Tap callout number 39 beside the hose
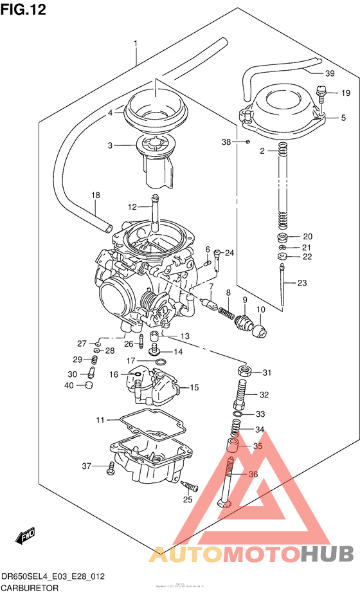click(x=329, y=73)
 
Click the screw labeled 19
click(x=323, y=95)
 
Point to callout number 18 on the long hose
click(x=95, y=195)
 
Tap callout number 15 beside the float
click(x=194, y=388)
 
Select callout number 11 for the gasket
click(x=100, y=420)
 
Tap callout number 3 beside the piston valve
click(x=110, y=145)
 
